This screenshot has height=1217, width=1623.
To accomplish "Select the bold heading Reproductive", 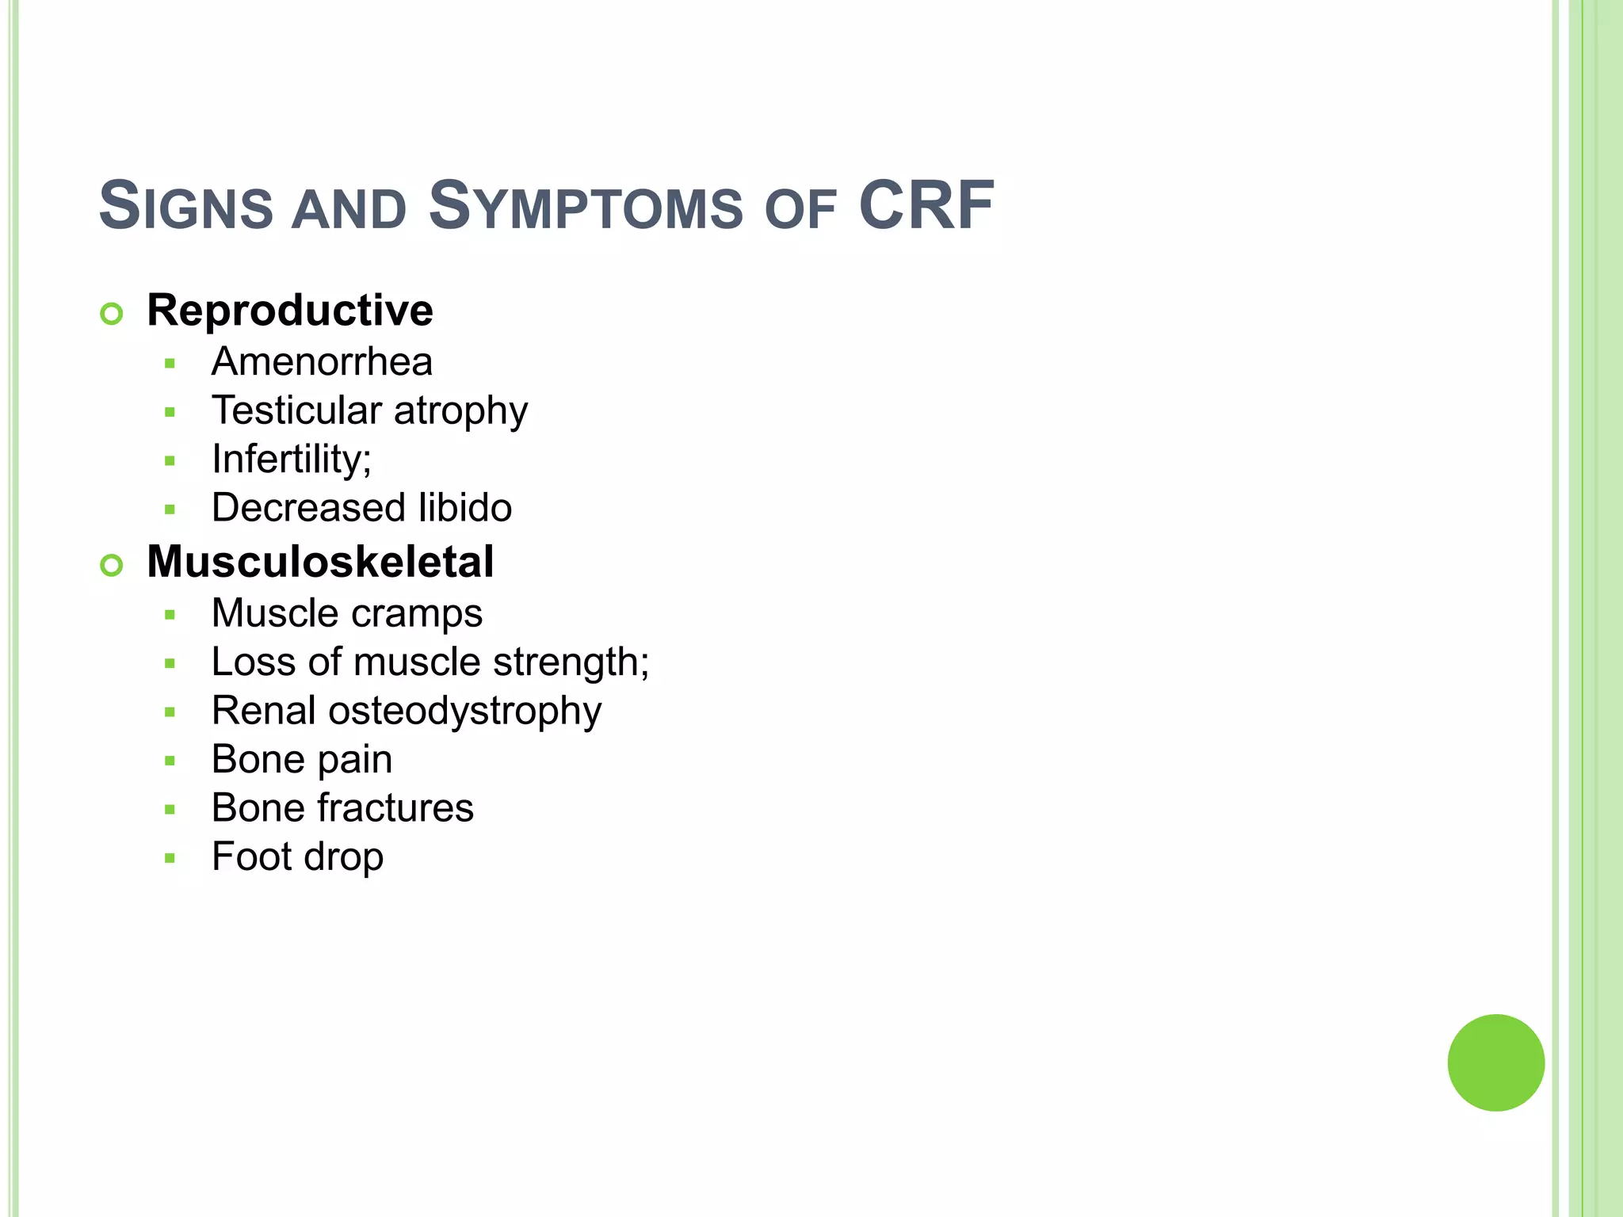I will click(x=290, y=310).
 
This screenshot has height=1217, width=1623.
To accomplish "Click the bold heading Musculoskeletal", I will click(x=320, y=562).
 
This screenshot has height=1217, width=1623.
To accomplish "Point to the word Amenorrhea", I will click(x=322, y=362).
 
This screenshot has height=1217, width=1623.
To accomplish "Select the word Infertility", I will click(x=288, y=459).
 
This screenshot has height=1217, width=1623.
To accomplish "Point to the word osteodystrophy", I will click(x=465, y=712).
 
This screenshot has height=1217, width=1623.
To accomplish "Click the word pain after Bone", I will click(x=354, y=761).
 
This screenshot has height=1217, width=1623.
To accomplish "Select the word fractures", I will click(x=395, y=808).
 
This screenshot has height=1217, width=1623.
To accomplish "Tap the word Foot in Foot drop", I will click(x=251, y=856).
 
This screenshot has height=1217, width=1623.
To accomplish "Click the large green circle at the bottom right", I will click(x=1495, y=1062).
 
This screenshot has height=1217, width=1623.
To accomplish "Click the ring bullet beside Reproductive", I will click(x=112, y=314).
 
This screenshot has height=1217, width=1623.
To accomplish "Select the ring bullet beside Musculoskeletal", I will click(x=112, y=566).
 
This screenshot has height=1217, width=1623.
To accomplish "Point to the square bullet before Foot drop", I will click(x=170, y=858).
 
